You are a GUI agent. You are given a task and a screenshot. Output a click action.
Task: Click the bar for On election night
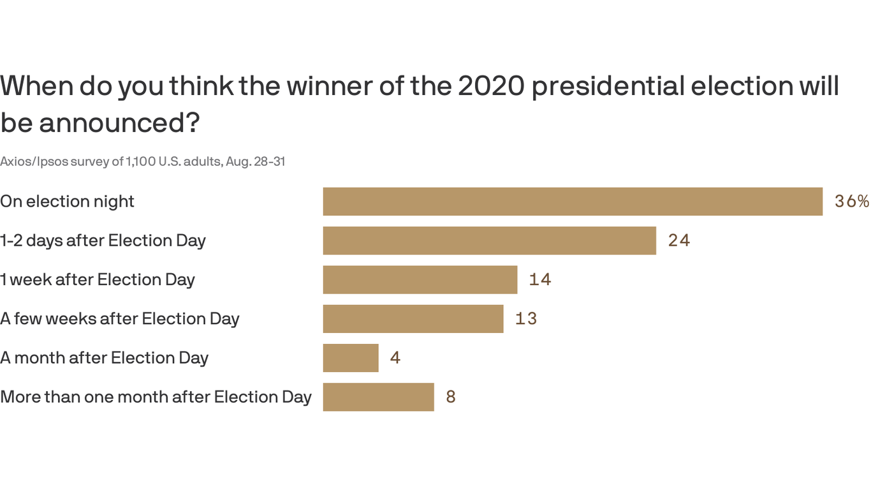point(573,202)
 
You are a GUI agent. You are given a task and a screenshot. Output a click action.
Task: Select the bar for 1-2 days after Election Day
point(489,241)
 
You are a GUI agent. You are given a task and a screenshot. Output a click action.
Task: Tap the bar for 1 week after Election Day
point(420,279)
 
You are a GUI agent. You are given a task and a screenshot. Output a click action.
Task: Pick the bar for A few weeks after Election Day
point(413,319)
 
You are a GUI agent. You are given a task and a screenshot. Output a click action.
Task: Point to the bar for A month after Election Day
point(351,358)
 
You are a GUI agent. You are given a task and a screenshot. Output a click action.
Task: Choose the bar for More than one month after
point(378,397)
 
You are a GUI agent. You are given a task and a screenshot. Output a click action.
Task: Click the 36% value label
point(852,202)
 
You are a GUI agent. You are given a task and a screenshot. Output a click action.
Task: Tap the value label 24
point(679,241)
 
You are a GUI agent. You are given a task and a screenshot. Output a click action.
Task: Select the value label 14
point(540,279)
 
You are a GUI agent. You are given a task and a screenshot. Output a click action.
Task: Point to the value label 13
point(526,319)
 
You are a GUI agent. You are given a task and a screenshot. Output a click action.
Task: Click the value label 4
point(395,358)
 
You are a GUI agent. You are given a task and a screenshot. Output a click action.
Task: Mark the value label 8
point(451,397)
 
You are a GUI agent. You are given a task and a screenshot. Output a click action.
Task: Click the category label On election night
point(67,202)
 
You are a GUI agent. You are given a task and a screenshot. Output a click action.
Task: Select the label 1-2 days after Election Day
point(103,241)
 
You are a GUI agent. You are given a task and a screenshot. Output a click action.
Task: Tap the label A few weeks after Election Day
point(119,319)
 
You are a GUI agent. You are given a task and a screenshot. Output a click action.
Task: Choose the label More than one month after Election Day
point(156,397)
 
